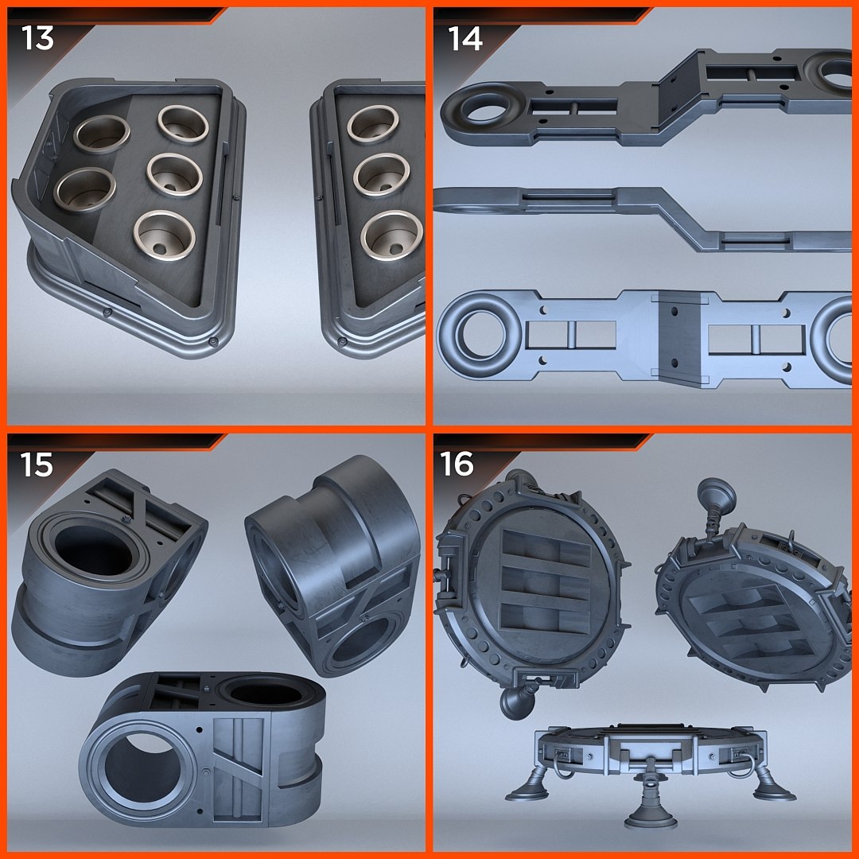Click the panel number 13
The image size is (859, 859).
37,37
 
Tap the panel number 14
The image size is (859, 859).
465,37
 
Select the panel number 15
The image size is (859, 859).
37,464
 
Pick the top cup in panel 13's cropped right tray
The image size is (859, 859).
371,122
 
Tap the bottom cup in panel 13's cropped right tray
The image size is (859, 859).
391,234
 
